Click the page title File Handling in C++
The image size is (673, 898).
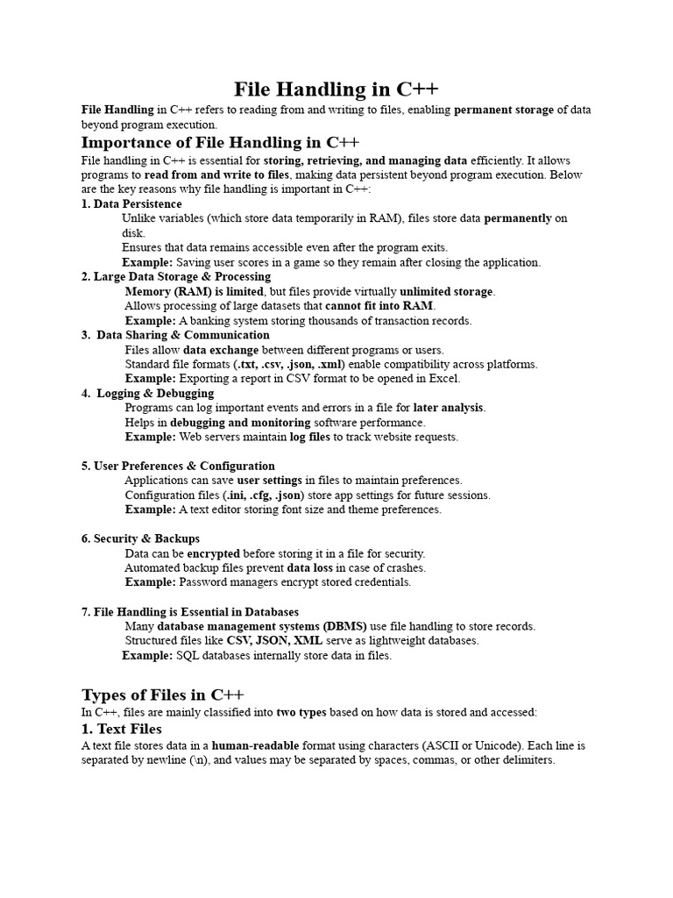pos(336,89)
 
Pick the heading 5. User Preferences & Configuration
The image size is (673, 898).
pos(178,467)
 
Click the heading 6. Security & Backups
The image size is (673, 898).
pos(140,538)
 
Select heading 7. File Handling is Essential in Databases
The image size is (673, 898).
pos(190,612)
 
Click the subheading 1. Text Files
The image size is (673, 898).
pos(122,729)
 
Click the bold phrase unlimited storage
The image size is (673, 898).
pos(447,292)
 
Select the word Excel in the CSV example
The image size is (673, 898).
pos(443,379)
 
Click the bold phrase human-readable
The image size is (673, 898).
pos(256,745)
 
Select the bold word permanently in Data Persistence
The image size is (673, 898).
pos(519,219)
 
